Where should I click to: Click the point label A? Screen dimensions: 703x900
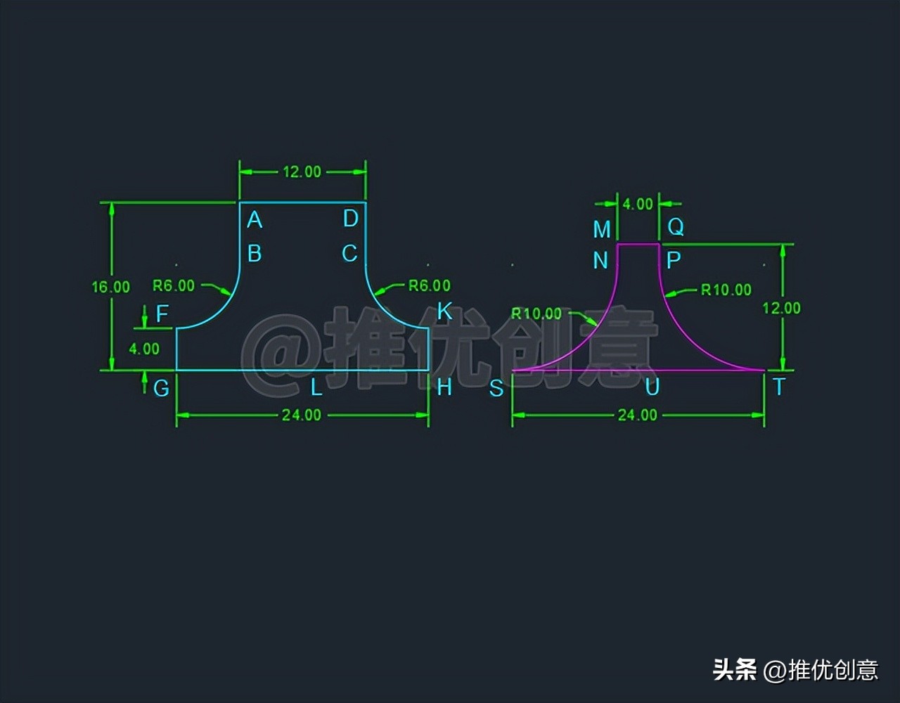tap(255, 220)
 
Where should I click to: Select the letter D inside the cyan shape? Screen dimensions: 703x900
tap(351, 219)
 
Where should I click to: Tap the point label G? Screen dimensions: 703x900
tap(162, 387)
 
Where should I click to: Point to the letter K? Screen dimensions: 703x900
tap(444, 311)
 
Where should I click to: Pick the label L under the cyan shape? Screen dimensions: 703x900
tap(317, 386)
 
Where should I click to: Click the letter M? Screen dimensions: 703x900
tap(602, 229)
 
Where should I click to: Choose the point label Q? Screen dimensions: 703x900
tap(676, 227)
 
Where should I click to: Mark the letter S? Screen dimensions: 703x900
tap(496, 388)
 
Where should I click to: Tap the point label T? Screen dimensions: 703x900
tap(778, 387)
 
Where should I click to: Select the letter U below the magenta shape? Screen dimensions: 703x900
tap(652, 387)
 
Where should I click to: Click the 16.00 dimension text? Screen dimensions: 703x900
tap(111, 287)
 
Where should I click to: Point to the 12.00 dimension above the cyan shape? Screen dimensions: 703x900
tap(302, 172)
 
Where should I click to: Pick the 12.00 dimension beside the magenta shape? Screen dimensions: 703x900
tap(781, 308)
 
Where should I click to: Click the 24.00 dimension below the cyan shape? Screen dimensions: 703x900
tap(302, 415)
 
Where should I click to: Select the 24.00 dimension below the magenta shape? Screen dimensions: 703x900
tap(638, 415)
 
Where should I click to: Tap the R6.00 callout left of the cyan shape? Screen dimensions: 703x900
tap(174, 285)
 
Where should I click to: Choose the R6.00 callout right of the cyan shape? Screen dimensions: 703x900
tap(430, 285)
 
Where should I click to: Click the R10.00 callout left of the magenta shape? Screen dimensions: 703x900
tap(536, 314)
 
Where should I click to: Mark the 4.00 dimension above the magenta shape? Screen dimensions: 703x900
tap(638, 204)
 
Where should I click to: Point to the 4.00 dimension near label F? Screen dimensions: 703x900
tap(144, 348)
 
